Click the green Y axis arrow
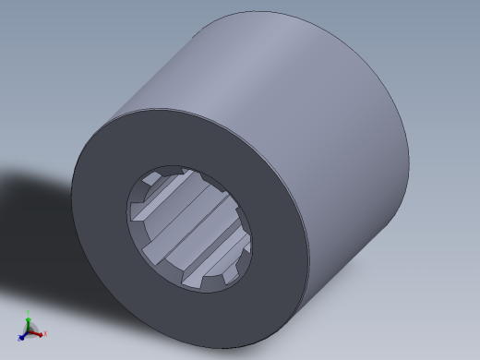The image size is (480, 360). (28, 322)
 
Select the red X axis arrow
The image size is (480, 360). (38, 333)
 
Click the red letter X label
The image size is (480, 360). (44, 334)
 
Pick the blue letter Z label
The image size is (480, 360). (18, 336)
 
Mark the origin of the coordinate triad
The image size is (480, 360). (29, 331)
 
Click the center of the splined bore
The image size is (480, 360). (189, 226)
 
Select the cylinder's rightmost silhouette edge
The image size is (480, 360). (409, 157)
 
